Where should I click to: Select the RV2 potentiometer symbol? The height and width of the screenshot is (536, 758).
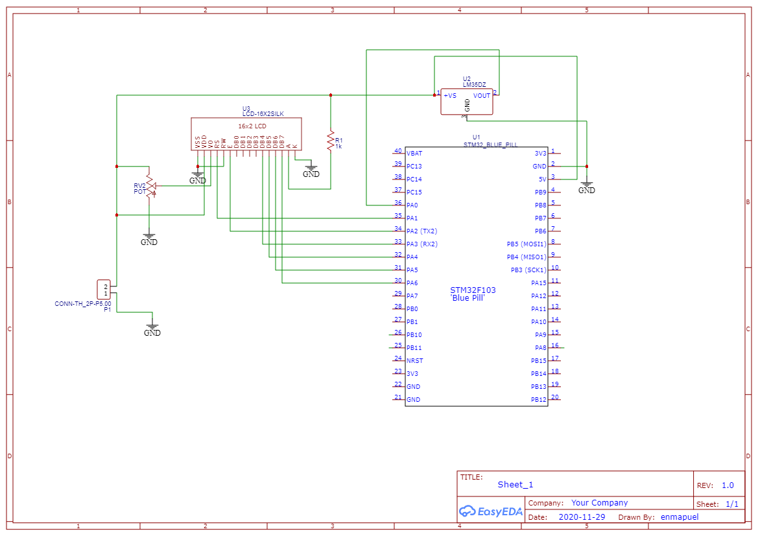coord(149,186)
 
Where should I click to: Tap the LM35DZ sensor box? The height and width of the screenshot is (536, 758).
coord(467,102)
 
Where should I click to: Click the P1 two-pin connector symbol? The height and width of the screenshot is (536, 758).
coord(104,289)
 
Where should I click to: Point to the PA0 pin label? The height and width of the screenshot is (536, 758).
coord(412,205)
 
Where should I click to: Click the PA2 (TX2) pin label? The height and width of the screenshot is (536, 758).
coord(421,231)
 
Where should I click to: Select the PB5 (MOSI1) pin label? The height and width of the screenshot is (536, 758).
coord(527,244)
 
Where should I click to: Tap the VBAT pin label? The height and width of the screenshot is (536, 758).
coord(414,154)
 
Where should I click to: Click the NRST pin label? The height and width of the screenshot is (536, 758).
coord(414,361)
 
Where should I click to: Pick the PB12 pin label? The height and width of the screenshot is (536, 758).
coord(539,400)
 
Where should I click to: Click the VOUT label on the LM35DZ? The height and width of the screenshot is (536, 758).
coord(482,96)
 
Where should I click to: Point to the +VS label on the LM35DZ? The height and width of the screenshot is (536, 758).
coord(450,96)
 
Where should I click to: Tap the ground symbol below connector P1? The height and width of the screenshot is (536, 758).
coord(152,329)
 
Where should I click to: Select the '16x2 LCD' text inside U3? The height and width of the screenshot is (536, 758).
coord(252,126)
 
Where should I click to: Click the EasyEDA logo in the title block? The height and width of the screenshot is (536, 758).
coord(491,511)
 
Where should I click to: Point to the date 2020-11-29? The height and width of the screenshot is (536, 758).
coord(582,517)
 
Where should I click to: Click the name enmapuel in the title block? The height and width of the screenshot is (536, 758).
coord(680,517)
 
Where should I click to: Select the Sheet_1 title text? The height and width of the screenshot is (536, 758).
coord(515,485)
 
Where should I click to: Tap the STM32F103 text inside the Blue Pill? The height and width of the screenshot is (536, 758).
coord(473,290)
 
